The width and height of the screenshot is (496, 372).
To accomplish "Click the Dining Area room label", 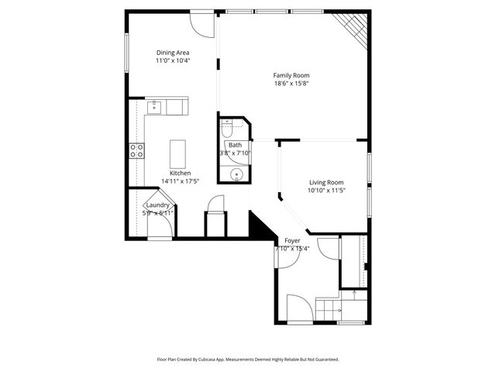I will (173, 52).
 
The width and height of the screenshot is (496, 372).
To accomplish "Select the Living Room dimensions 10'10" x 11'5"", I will (325, 190).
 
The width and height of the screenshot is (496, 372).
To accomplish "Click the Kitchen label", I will (181, 173).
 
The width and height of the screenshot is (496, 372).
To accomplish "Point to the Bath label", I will (234, 145).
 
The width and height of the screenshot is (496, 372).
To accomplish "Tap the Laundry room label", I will (157, 205).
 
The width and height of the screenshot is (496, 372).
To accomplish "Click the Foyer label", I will (292, 241).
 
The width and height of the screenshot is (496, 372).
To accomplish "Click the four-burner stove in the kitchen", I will (136, 150).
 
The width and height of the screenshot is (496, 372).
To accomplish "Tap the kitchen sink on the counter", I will (155, 106).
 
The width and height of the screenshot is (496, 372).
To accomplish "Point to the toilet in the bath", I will (228, 126).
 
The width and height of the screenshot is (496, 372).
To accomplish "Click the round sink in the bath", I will (236, 173).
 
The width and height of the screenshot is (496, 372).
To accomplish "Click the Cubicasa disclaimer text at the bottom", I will (248, 360).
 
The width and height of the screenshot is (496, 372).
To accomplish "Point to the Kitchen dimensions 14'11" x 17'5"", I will (181, 181).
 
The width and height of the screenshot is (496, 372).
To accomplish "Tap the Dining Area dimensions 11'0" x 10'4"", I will (173, 60).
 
